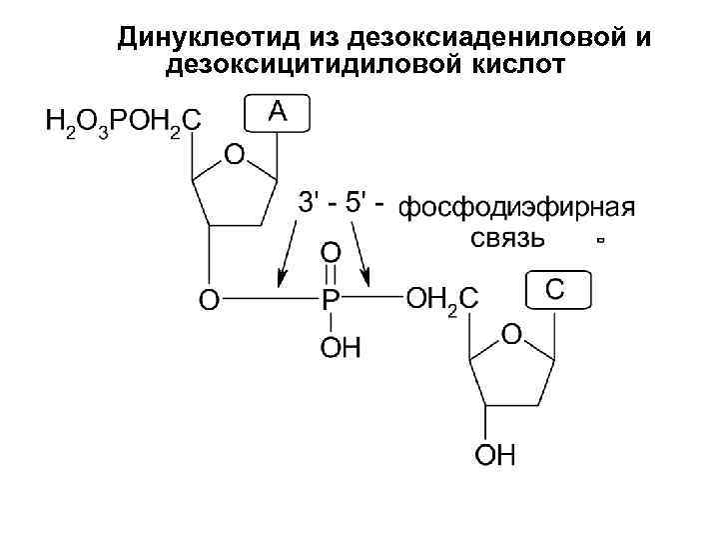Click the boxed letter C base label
click(557, 290)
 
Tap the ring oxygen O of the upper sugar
click(233, 155)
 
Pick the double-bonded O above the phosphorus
click(330, 249)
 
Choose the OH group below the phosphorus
click(341, 348)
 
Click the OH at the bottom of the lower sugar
click(494, 457)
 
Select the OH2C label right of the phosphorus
click(442, 298)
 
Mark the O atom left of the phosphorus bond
click(208, 299)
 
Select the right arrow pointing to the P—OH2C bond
click(368, 250)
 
